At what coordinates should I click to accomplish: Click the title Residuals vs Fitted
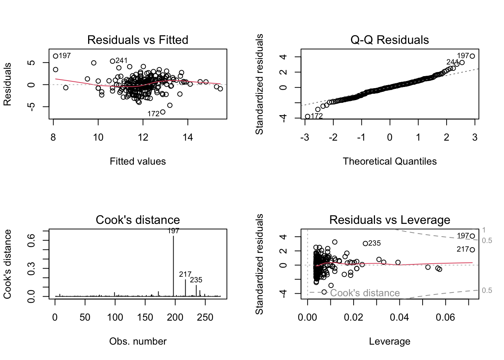pyautogui.click(x=138, y=40)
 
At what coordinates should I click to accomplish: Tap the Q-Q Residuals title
pyautogui.click(x=390, y=40)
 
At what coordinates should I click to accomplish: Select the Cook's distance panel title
pyautogui.click(x=138, y=220)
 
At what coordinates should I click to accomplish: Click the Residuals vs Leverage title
pyautogui.click(x=390, y=220)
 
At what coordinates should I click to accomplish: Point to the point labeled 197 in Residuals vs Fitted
pyautogui.click(x=55, y=56)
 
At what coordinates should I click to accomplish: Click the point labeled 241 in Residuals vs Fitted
pyautogui.click(x=112, y=61)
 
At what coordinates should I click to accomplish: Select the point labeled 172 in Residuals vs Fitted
pyautogui.click(x=163, y=112)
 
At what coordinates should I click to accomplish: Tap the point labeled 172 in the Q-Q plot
pyautogui.click(x=307, y=117)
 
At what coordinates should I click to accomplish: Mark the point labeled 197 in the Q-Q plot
pyautogui.click(x=472, y=56)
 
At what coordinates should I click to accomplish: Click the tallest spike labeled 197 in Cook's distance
pyautogui.click(x=173, y=262)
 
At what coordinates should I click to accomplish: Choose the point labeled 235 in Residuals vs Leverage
pyautogui.click(x=365, y=243)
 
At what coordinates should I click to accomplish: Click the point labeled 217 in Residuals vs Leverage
pyautogui.click(x=472, y=250)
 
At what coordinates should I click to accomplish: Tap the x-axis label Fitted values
pyautogui.click(x=138, y=161)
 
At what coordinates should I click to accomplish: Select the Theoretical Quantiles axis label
pyautogui.click(x=390, y=161)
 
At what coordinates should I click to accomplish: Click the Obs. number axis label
pyautogui.click(x=138, y=341)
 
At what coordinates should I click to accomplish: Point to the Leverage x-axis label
pyautogui.click(x=390, y=341)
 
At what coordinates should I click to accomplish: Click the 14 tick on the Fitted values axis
pyautogui.click(x=188, y=138)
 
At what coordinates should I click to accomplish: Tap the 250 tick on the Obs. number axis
pyautogui.click(x=205, y=318)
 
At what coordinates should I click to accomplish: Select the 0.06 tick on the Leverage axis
pyautogui.click(x=445, y=318)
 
